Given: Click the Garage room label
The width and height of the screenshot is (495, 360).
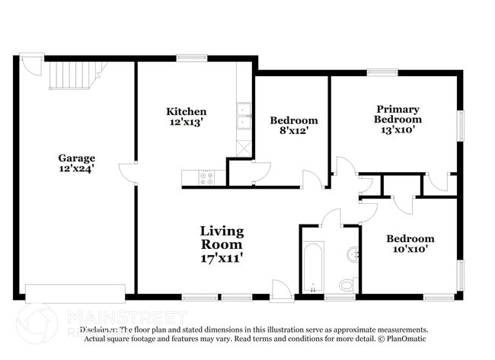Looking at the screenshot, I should tap(77, 158).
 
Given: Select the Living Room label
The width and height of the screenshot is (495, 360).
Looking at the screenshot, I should tap(222, 237).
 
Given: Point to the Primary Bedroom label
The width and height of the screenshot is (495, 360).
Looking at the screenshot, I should tap(398, 114).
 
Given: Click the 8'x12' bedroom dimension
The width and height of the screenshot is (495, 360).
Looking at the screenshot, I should tap(294, 131).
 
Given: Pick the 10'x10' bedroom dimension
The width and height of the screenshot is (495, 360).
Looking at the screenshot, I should tap(410, 249).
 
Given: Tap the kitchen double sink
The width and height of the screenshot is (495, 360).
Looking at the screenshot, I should tap(244, 116).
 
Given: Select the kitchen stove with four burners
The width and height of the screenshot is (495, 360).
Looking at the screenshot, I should tap(207, 177).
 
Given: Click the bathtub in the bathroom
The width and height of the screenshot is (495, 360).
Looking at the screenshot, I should tap(312, 266).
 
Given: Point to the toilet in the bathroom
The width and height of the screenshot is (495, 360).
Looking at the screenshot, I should tap(347, 285).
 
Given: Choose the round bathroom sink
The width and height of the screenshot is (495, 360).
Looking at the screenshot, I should tap(353, 253).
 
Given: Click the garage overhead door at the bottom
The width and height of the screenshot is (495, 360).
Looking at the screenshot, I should tap(75, 293).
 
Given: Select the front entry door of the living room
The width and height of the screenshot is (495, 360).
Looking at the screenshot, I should tap(281, 290).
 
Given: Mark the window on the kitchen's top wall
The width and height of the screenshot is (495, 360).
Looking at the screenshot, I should tap(192, 58).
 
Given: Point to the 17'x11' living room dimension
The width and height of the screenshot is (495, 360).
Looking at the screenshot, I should tap(222, 258).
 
